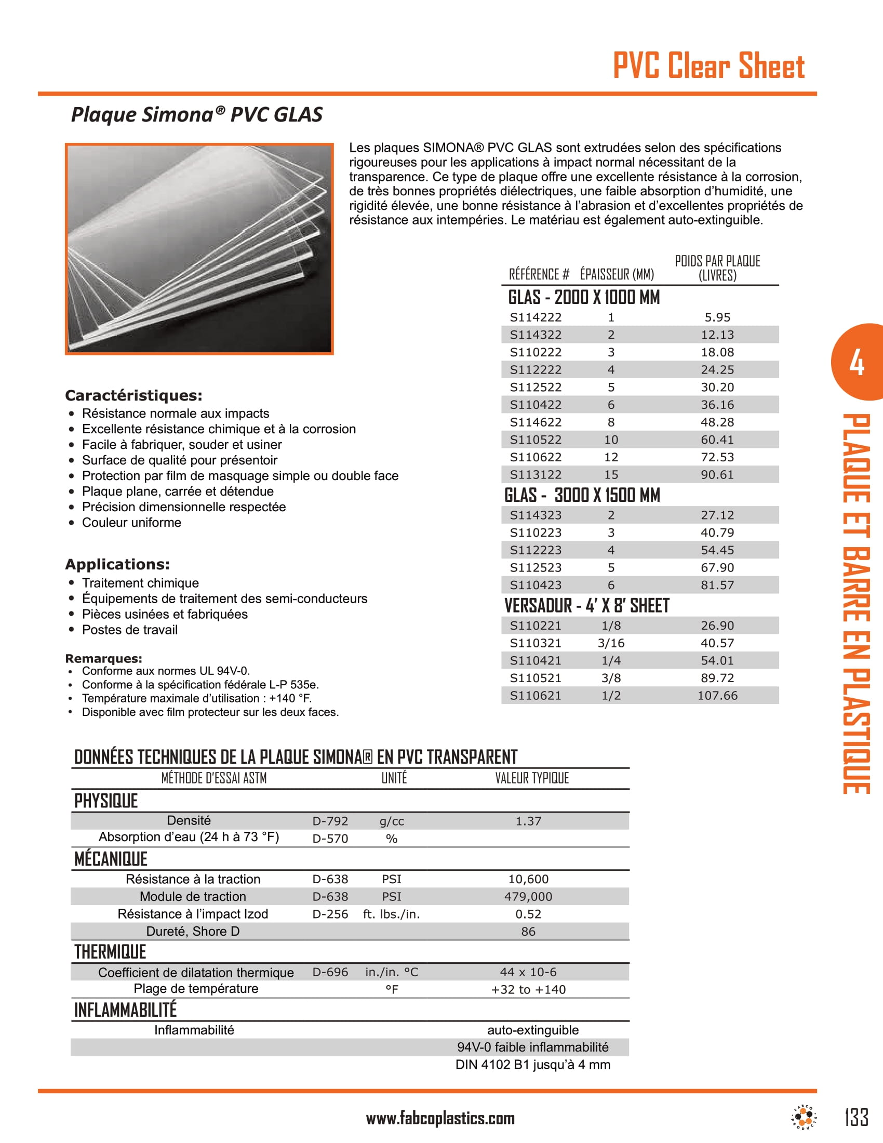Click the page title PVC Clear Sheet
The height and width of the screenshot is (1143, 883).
coord(708,66)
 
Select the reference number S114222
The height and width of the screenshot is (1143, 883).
coord(536,317)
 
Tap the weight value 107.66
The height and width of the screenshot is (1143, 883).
coord(717,696)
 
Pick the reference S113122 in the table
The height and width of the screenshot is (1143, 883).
coord(536,475)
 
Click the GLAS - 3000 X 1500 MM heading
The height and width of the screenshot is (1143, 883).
coord(582,495)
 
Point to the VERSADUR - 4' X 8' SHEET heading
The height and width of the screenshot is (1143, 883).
coord(586,605)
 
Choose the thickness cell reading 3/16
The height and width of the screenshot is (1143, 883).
coord(611,643)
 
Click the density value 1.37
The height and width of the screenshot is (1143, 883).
coord(528,821)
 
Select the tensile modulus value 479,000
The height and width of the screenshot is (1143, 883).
coord(528,897)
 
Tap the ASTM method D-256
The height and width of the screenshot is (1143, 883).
coord(330,914)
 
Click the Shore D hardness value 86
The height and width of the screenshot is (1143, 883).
coord(528,932)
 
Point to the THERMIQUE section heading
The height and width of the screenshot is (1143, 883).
coord(110,952)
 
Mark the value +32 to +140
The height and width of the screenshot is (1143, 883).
coord(528,989)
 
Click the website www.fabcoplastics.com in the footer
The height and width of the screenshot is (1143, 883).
coord(440,1119)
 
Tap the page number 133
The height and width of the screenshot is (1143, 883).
coord(857,1118)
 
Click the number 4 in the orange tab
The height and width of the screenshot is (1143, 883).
coord(857,363)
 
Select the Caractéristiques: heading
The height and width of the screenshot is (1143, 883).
coord(133,395)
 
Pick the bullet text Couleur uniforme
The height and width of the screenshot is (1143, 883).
coord(131,522)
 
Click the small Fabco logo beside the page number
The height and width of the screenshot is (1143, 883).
coord(804,1118)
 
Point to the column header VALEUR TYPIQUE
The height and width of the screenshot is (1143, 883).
coord(531,778)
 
